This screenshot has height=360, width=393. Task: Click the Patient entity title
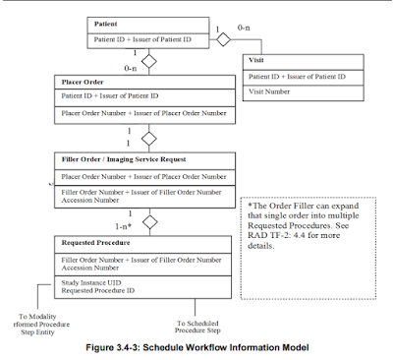click(107, 22)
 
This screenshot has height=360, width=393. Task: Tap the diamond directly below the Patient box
click(150, 60)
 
